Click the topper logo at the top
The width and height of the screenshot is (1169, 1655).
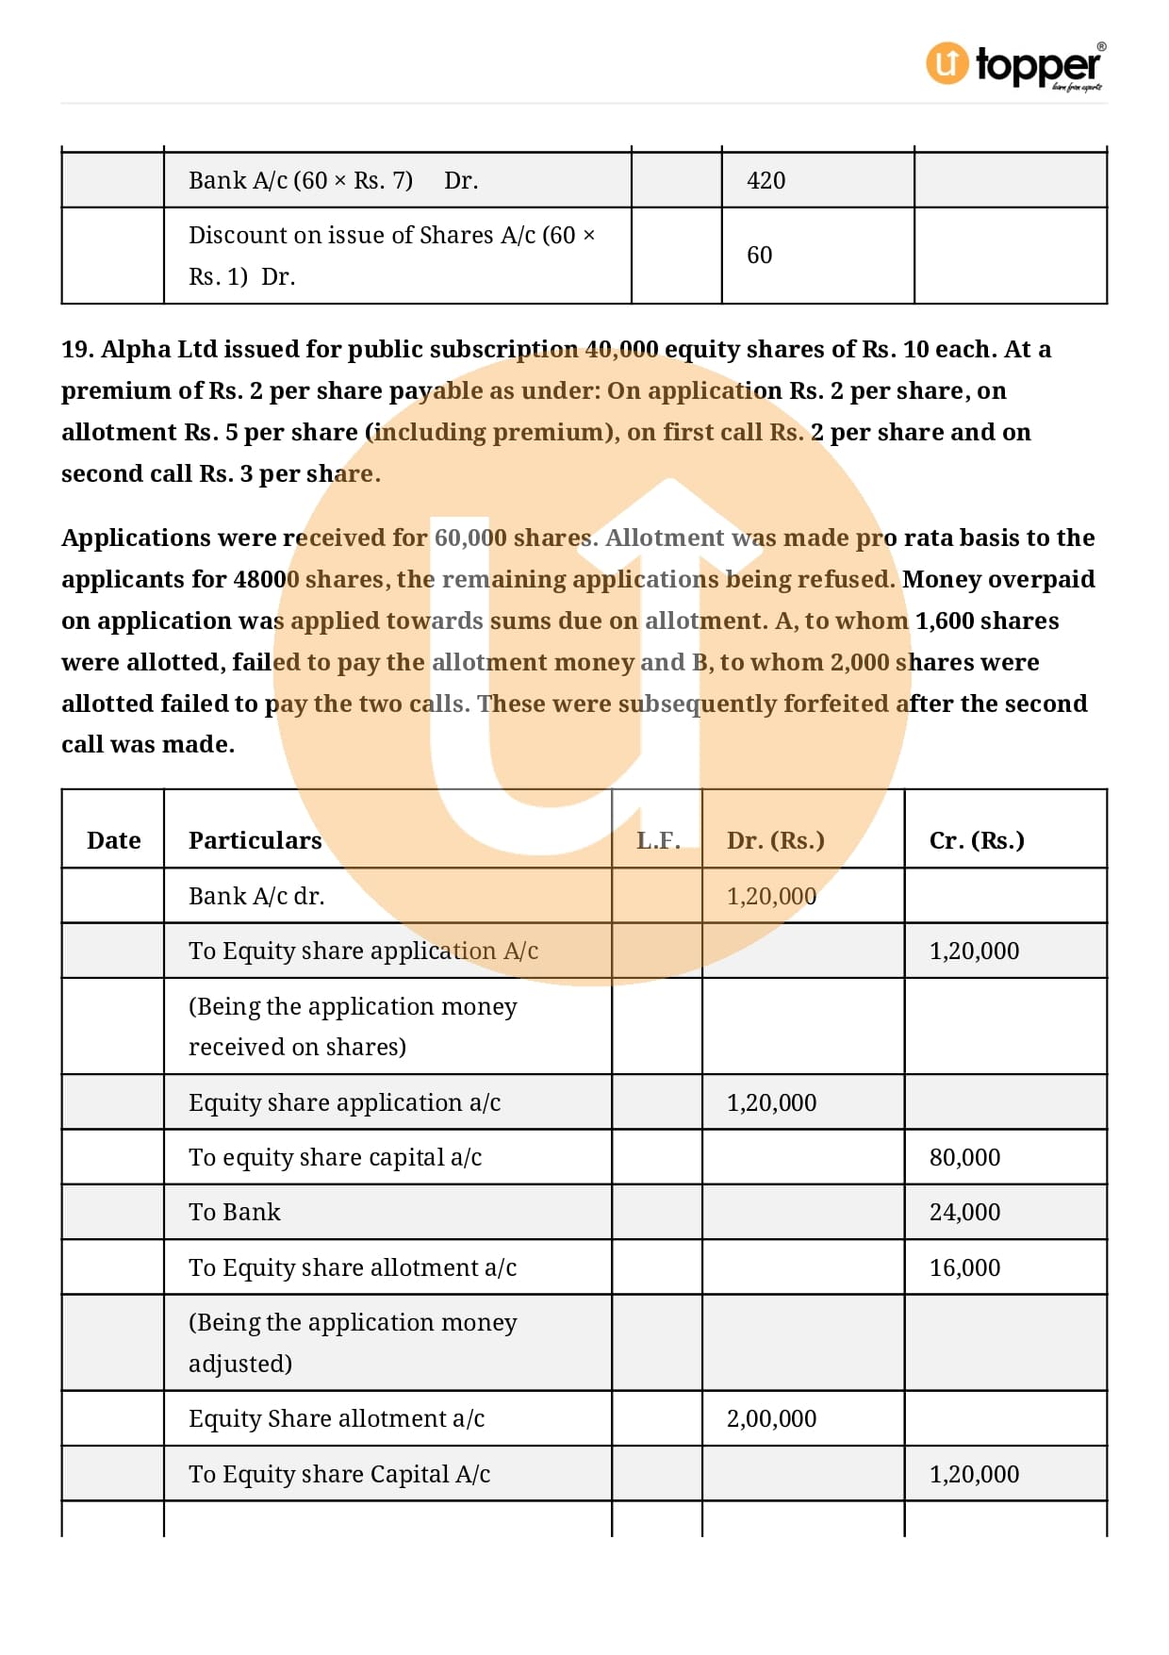(x=1015, y=65)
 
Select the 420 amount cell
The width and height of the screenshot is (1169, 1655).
(x=766, y=180)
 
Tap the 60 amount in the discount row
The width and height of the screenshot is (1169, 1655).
(x=759, y=255)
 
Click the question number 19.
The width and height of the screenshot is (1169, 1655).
(x=77, y=349)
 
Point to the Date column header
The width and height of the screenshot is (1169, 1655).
(x=113, y=840)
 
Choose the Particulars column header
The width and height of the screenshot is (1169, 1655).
(x=255, y=840)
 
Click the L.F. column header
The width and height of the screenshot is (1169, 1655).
(x=658, y=840)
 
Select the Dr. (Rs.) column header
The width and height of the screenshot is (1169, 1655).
(x=775, y=840)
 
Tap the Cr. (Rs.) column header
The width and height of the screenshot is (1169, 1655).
(x=977, y=840)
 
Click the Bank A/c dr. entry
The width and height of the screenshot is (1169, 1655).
(x=256, y=896)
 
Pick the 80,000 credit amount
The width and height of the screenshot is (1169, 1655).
(x=964, y=1157)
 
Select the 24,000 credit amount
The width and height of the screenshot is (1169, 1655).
(x=964, y=1212)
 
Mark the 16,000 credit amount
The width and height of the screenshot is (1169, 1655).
(x=964, y=1267)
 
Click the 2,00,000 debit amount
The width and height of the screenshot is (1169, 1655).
(x=771, y=1418)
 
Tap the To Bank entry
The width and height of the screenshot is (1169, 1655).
(x=235, y=1212)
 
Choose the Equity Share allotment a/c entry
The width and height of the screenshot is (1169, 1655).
(x=337, y=1418)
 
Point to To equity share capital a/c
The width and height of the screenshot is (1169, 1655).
(x=335, y=1157)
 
